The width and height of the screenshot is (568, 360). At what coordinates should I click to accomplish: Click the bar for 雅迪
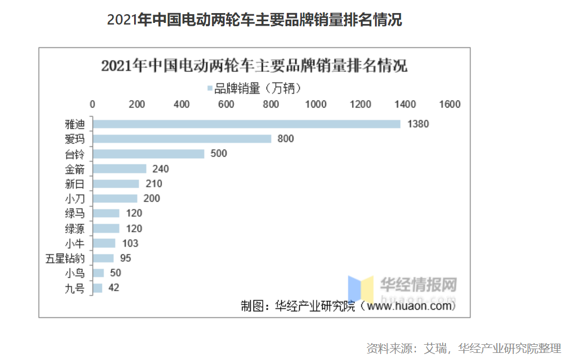click(246, 124)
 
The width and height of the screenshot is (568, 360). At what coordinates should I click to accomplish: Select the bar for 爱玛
click(182, 139)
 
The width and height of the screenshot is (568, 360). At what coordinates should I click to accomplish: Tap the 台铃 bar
click(148, 154)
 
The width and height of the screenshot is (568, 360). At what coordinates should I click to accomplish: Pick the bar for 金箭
click(119, 169)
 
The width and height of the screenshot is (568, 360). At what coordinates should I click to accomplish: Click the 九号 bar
click(98, 288)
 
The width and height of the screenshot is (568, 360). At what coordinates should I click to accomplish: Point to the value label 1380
click(418, 124)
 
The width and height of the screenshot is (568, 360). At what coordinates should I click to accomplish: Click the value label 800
click(286, 139)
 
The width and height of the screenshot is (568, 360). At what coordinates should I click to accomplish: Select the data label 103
click(130, 243)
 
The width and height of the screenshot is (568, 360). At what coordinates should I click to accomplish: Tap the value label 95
click(125, 258)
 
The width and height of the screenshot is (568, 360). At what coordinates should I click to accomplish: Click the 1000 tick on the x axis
click(316, 104)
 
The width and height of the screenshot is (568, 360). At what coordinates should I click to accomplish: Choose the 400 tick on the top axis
click(182, 104)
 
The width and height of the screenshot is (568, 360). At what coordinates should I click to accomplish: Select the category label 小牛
click(74, 243)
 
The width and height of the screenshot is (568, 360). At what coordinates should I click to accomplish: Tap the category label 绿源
click(74, 228)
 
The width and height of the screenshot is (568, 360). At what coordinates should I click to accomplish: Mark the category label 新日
click(74, 184)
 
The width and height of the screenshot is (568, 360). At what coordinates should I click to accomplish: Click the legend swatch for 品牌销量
click(209, 88)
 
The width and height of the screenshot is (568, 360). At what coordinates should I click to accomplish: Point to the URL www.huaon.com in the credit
click(410, 306)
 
